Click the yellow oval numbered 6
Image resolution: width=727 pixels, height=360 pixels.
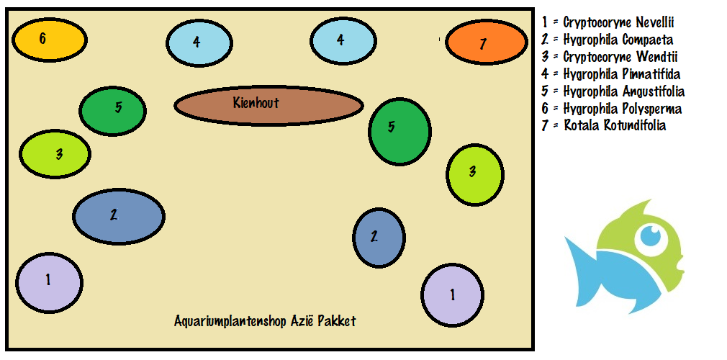pyautogui.click(x=49, y=40)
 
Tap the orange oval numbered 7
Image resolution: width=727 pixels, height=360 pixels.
pyautogui.click(x=486, y=43)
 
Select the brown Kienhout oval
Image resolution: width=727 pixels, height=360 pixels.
pyautogui.click(x=268, y=105)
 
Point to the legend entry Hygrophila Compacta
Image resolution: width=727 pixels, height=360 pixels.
pyautogui.click(x=608, y=40)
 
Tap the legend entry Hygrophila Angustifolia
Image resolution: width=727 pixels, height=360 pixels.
pyautogui.click(x=613, y=91)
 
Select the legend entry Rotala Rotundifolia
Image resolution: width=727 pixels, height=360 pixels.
pyautogui.click(x=604, y=126)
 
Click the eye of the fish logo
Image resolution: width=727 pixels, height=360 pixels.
pyautogui.click(x=651, y=235)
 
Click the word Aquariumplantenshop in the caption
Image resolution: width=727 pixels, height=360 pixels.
pyautogui.click(x=230, y=321)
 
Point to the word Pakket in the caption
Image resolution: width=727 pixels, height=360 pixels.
pyautogui.click(x=338, y=321)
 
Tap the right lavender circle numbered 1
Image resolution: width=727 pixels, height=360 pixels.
pyautogui.click(x=452, y=294)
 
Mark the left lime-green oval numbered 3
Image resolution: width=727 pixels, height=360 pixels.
pyautogui.click(x=55, y=154)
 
